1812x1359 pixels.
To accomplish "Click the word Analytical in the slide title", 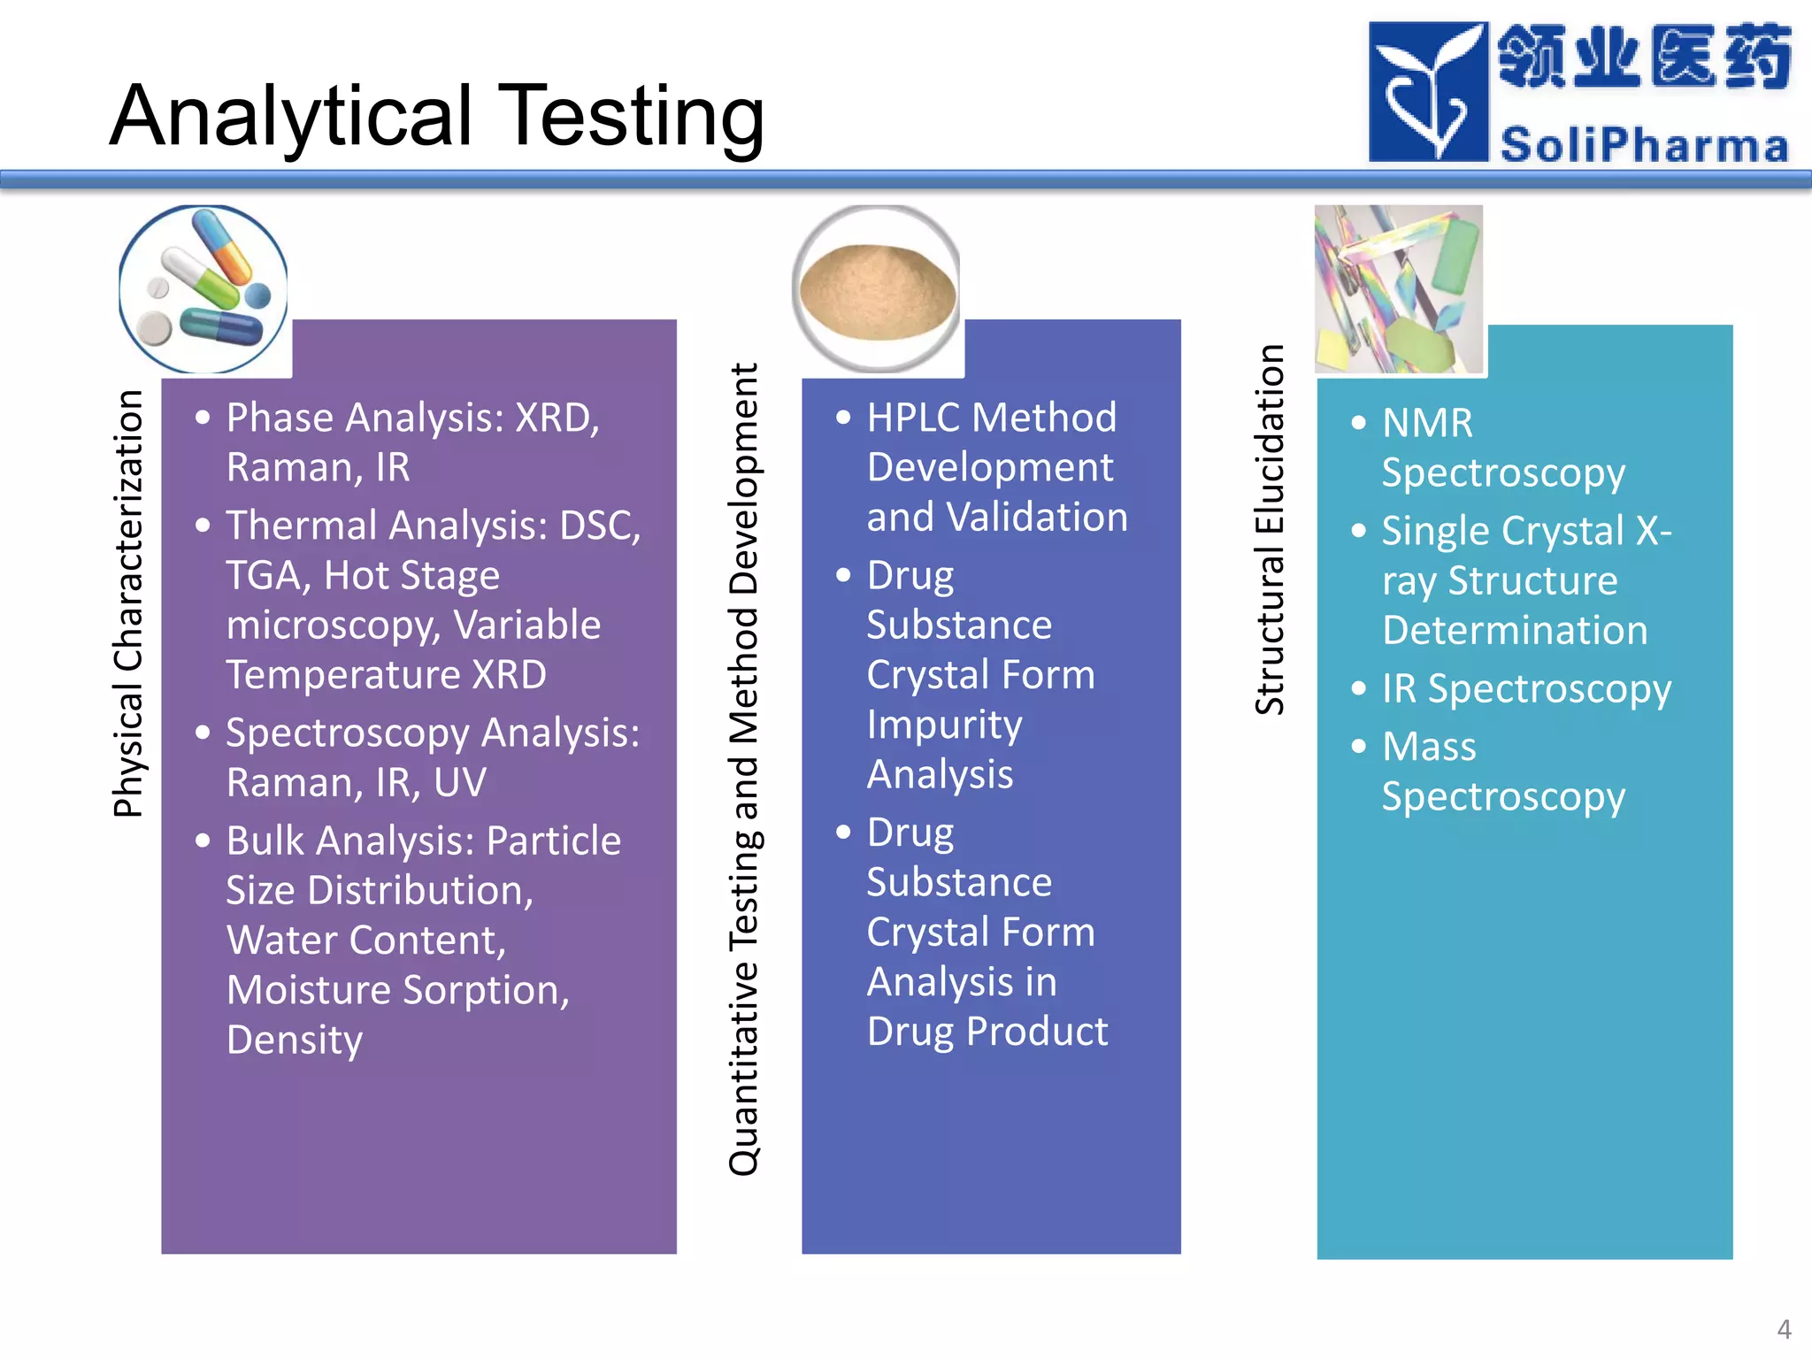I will [292, 117].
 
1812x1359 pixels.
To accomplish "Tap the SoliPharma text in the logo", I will [1644, 145].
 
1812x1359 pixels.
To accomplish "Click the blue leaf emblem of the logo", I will [1426, 92].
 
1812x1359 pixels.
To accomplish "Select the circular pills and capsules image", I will [203, 289].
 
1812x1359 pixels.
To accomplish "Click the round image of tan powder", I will [877, 289].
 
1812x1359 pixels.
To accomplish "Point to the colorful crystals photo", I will [1398, 289].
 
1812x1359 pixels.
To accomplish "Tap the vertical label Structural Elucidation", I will [1270, 529].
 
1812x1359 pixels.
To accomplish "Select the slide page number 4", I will [1784, 1329].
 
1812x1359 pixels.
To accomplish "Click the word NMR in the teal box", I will [1427, 423].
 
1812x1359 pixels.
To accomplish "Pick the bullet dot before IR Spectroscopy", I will [1359, 688].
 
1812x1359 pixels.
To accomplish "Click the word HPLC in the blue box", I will [911, 418].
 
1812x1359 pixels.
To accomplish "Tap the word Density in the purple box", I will [295, 1040].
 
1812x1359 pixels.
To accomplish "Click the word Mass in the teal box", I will [1429, 747].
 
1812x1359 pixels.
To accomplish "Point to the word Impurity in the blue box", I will [944, 725].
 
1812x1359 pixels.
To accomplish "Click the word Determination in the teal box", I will [1515, 631].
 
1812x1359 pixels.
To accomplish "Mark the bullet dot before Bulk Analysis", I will [203, 841].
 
